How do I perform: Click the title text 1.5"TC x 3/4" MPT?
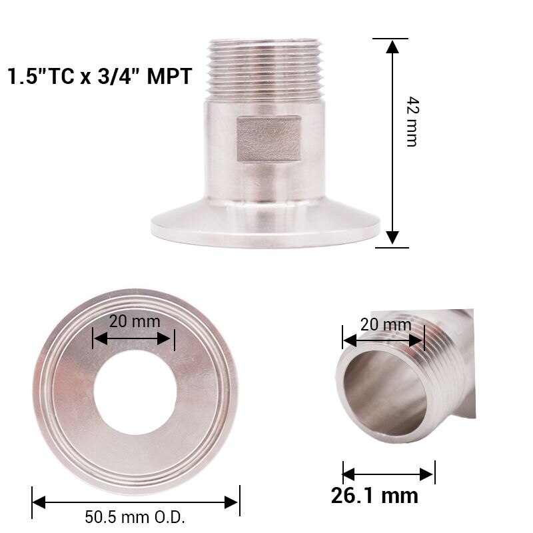tap(100, 75)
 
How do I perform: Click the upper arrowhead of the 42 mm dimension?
tap(392, 47)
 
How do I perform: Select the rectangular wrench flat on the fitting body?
tap(269, 139)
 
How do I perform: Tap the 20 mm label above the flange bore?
tap(135, 320)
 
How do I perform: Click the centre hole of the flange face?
tap(135, 392)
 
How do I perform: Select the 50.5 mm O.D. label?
tap(135, 517)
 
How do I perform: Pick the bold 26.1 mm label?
tap(375, 496)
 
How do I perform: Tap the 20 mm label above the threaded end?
tap(386, 325)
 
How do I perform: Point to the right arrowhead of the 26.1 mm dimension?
tap(428, 474)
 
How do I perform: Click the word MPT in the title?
tap(169, 75)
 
